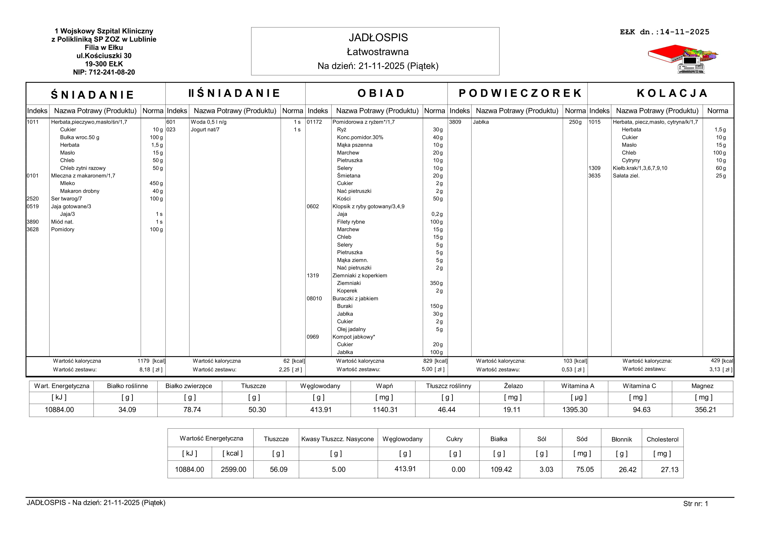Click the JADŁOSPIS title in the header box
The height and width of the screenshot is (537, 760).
click(378, 38)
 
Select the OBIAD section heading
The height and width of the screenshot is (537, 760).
click(381, 93)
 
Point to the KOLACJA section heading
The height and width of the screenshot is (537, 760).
click(672, 93)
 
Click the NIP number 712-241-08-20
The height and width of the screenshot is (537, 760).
click(104, 72)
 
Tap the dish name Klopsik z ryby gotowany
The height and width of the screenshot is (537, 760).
click(368, 206)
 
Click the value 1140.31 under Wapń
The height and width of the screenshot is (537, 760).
click(385, 410)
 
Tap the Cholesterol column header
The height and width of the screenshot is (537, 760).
click(662, 439)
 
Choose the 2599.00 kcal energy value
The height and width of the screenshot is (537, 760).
click(233, 469)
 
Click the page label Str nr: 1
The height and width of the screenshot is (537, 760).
click(695, 504)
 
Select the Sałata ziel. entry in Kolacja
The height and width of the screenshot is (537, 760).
click(626, 176)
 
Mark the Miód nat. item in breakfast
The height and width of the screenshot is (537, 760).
click(62, 222)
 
